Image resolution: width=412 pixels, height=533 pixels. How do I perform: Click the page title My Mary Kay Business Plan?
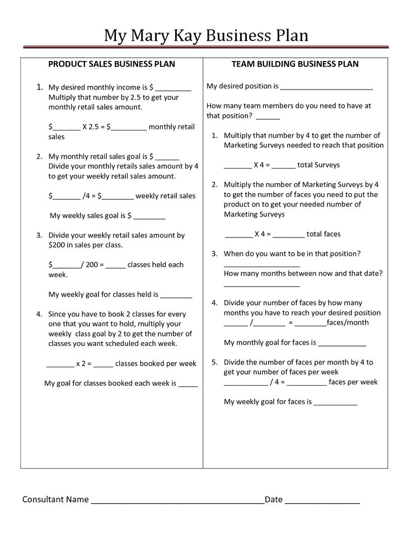206,35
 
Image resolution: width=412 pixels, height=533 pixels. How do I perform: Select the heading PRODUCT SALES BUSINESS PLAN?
111,64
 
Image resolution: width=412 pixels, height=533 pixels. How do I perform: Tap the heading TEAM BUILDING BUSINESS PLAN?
295,64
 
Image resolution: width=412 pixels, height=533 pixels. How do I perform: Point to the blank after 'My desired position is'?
326,87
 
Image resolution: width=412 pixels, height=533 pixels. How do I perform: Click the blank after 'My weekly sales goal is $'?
149,216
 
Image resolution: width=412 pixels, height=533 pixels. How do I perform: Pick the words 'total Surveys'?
319,165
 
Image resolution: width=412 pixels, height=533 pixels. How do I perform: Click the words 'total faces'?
324,234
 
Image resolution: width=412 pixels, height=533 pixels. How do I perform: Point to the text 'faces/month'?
348,323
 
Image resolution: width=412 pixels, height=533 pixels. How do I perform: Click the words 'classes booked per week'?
156,364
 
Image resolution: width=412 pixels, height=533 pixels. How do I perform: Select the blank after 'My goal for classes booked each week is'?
188,385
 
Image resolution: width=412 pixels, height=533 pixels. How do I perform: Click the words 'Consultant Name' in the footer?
55,499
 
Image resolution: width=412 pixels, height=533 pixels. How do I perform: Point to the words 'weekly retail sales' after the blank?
166,196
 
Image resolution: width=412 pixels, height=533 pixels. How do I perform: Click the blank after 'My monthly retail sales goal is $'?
167,157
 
